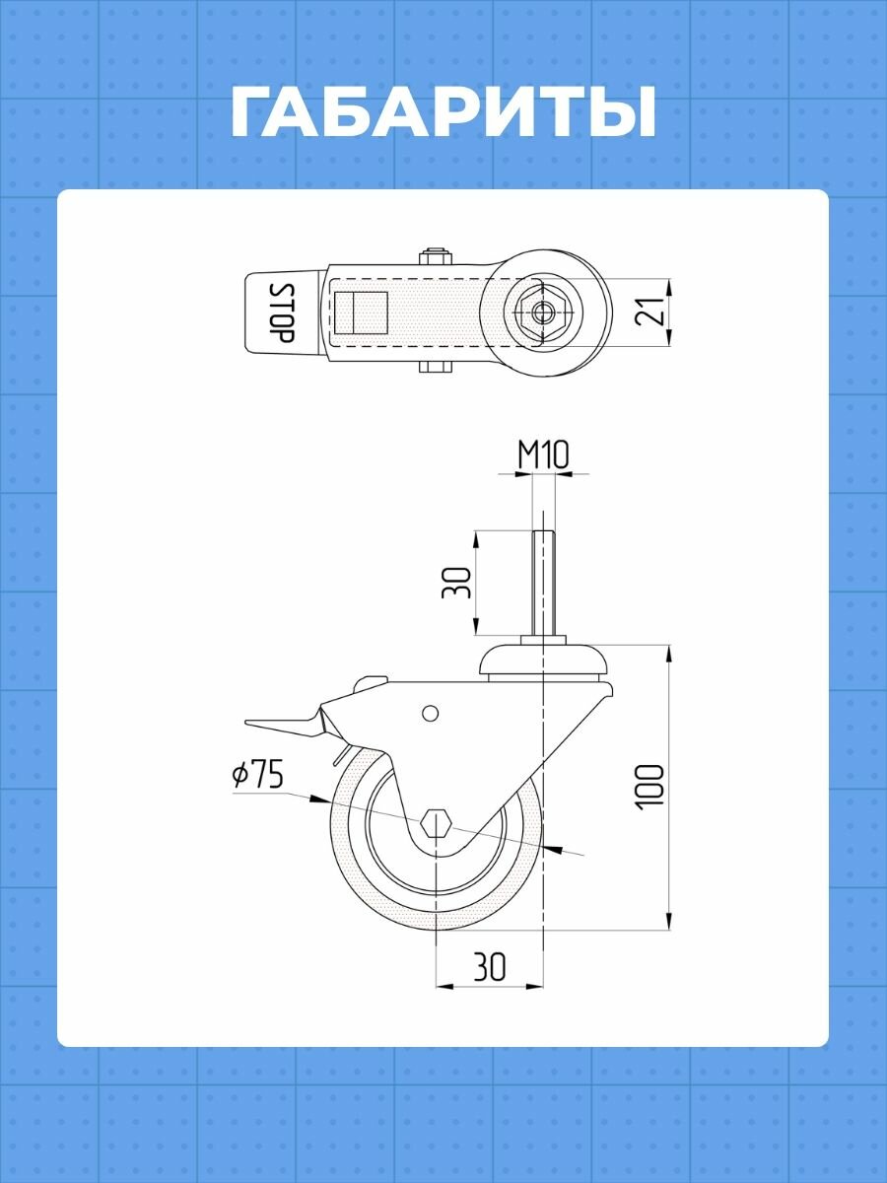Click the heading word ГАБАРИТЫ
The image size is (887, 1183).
point(443,112)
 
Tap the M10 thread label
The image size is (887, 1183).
point(543,454)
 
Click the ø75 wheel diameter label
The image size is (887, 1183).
point(257,776)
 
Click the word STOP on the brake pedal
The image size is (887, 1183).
point(281,313)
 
